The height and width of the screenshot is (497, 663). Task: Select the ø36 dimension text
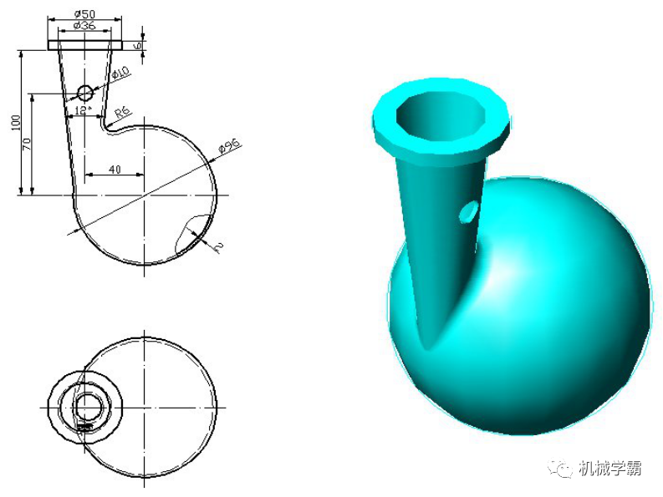tap(85, 26)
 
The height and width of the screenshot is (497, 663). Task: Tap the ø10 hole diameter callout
tap(120, 74)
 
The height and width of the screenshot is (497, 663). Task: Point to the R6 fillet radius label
tap(122, 111)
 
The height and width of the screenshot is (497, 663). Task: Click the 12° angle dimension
tap(81, 109)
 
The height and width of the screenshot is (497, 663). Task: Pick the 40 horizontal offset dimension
tap(115, 170)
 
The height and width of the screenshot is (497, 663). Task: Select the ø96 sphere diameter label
tap(228, 147)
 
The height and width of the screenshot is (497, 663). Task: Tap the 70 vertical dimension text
tap(28, 144)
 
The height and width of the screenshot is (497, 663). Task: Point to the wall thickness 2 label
tap(218, 246)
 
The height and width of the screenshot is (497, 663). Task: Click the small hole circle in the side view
tap(85, 92)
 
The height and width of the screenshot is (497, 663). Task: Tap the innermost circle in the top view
tap(85, 408)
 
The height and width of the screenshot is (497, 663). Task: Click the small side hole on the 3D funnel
tap(469, 212)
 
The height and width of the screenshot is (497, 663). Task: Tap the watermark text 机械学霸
tap(610, 469)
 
